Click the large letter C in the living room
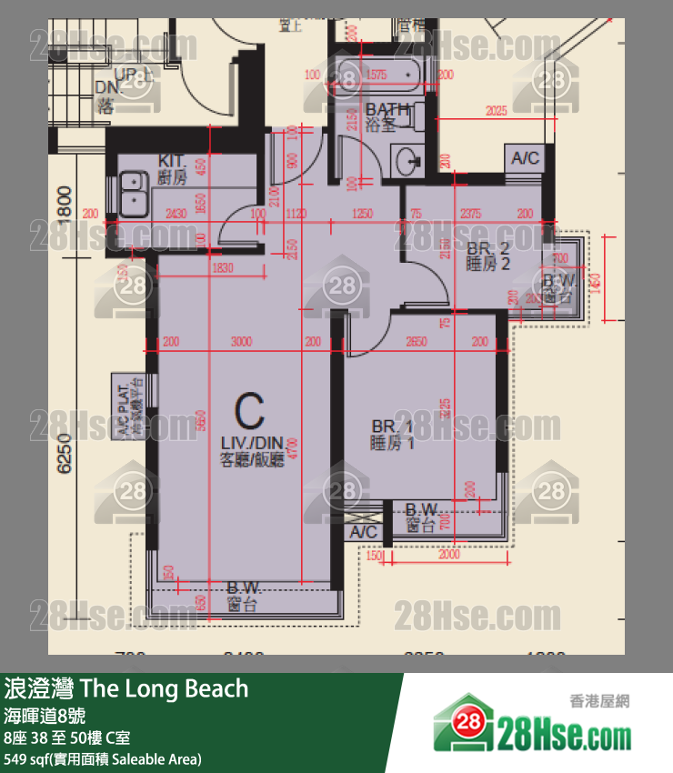[x=250, y=413]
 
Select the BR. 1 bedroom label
[x=393, y=435]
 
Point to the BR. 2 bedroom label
[x=488, y=256]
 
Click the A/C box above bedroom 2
[x=525, y=157]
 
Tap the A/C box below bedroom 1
[x=364, y=531]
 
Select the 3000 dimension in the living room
[x=241, y=343]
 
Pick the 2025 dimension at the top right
[x=496, y=112]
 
